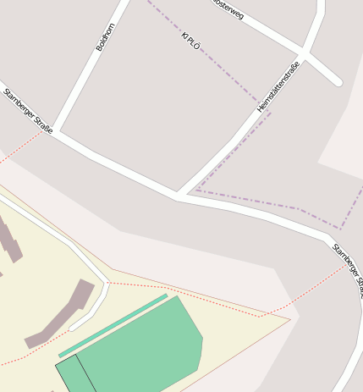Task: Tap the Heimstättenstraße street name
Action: click(x=278, y=87)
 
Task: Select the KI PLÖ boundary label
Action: click(x=190, y=41)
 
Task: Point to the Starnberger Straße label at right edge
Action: click(x=348, y=269)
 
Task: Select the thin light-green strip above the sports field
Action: click(x=113, y=325)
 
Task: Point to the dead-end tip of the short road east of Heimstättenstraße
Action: click(x=338, y=82)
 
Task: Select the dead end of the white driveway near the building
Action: click(x=74, y=326)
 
